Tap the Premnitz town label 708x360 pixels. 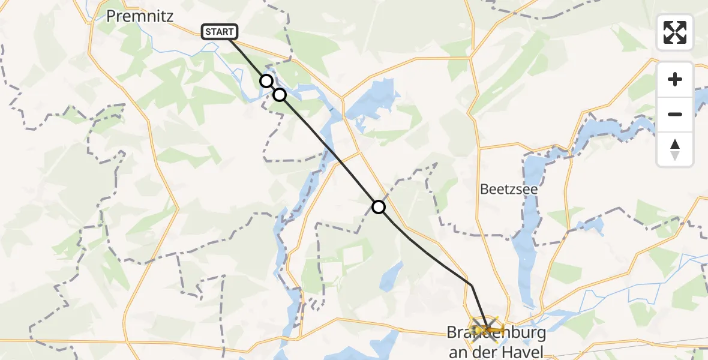[140, 16]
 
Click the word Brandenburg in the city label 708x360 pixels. [488, 332]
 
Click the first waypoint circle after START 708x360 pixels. [266, 80]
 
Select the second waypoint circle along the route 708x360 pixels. [280, 94]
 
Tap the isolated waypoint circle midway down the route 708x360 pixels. [379, 207]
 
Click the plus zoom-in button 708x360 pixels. [675, 80]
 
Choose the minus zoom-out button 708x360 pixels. [675, 114]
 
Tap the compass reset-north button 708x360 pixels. [675, 149]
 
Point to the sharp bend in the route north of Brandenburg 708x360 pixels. [472, 285]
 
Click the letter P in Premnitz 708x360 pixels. [111, 16]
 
